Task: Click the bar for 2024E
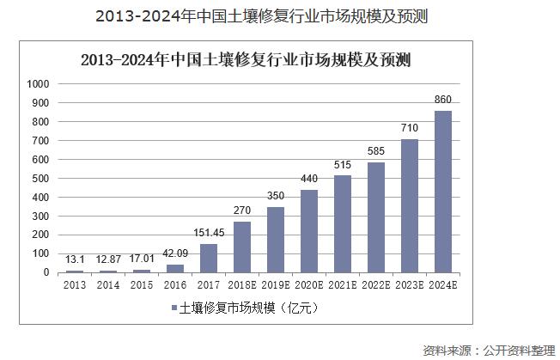pyautogui.click(x=443, y=192)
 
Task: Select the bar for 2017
pyautogui.click(x=209, y=258)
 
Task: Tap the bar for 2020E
pyautogui.click(x=309, y=231)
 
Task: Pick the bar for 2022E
pyautogui.click(x=376, y=217)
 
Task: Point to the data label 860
pyautogui.click(x=443, y=101)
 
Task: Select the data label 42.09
pyautogui.click(x=175, y=254)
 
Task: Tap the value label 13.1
pyautogui.click(x=74, y=259)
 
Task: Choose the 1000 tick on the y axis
pyautogui.click(x=39, y=84)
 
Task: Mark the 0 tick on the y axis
pyautogui.click(x=48, y=272)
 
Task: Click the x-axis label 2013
pyautogui.click(x=75, y=284)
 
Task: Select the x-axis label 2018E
pyautogui.click(x=242, y=284)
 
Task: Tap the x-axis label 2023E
pyautogui.click(x=410, y=284)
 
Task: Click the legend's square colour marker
pyautogui.click(x=173, y=308)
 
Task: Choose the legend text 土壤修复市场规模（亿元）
pyautogui.click(x=249, y=308)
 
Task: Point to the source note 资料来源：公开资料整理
pyautogui.click(x=490, y=350)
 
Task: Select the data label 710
pyautogui.click(x=410, y=129)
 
